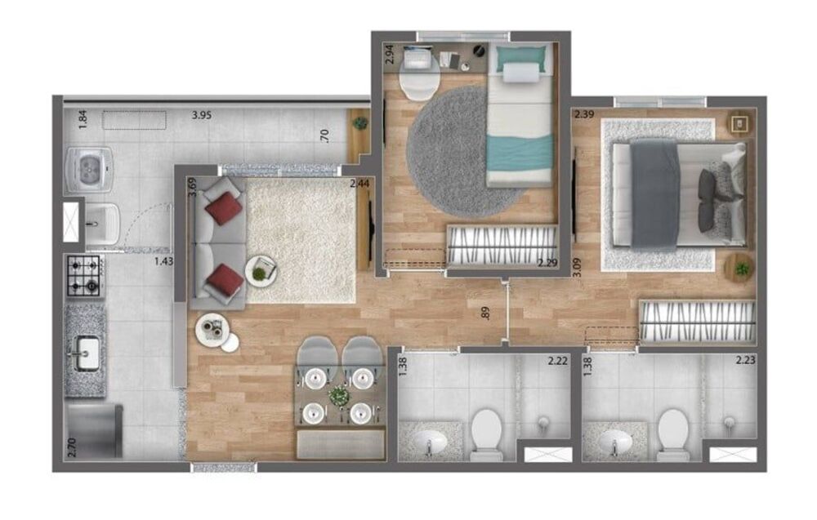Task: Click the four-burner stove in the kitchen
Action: coord(85,276)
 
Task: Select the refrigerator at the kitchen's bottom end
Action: coord(94,430)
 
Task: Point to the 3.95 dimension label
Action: coord(202,115)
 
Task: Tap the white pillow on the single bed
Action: coord(521,73)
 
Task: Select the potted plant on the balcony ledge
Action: coord(359,123)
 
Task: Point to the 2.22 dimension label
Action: coord(558,360)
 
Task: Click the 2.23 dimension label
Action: coord(746,360)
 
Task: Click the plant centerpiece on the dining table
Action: coord(338,396)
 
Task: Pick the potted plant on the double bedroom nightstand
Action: coord(742,268)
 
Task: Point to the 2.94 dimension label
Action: coord(391,55)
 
